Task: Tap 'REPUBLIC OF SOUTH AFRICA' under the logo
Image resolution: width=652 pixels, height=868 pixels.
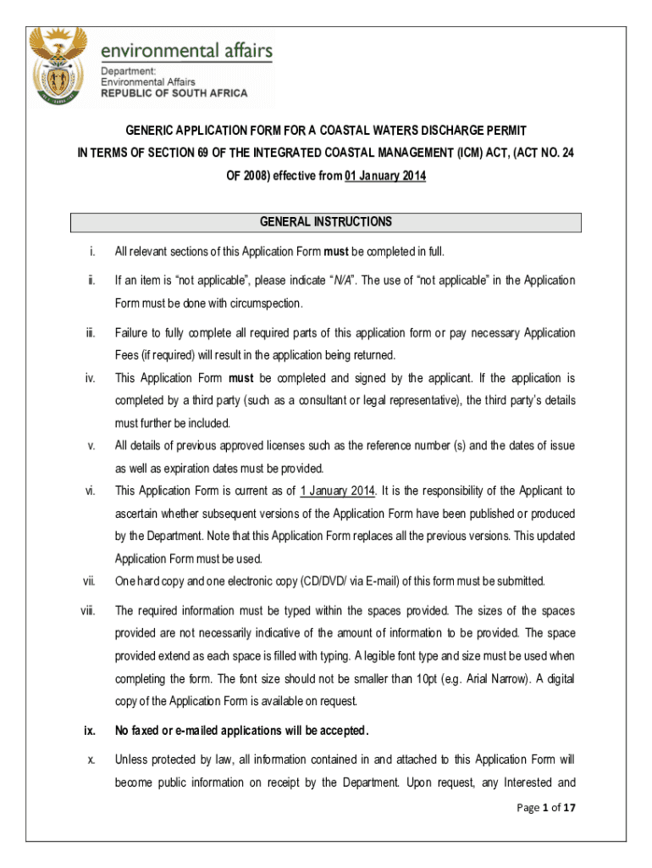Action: pyautogui.click(x=174, y=93)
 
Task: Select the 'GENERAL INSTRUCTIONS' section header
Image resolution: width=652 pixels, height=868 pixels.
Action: pyautogui.click(x=326, y=222)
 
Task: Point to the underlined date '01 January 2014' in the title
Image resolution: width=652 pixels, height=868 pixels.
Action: pyautogui.click(x=384, y=175)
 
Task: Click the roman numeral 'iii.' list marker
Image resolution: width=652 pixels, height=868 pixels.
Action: pyautogui.click(x=90, y=333)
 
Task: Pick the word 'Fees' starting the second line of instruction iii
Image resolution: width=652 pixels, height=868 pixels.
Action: pyautogui.click(x=126, y=354)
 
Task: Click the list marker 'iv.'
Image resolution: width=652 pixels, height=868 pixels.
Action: pyautogui.click(x=90, y=378)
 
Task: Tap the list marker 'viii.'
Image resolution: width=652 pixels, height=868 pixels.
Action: pyautogui.click(x=88, y=610)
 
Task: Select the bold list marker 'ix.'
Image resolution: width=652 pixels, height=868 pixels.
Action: pyautogui.click(x=88, y=731)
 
